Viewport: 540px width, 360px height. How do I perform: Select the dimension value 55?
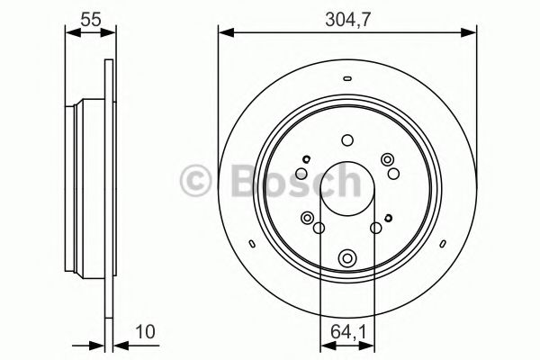pos(90,16)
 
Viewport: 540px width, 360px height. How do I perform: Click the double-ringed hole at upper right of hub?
pos(389,160)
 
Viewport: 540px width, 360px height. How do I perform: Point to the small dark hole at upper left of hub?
pos(306,159)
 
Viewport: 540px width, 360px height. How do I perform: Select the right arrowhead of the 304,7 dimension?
pos(472,33)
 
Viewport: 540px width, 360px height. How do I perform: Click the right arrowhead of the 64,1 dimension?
pos(369,343)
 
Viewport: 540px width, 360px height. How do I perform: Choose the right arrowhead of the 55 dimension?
pos(112,33)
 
